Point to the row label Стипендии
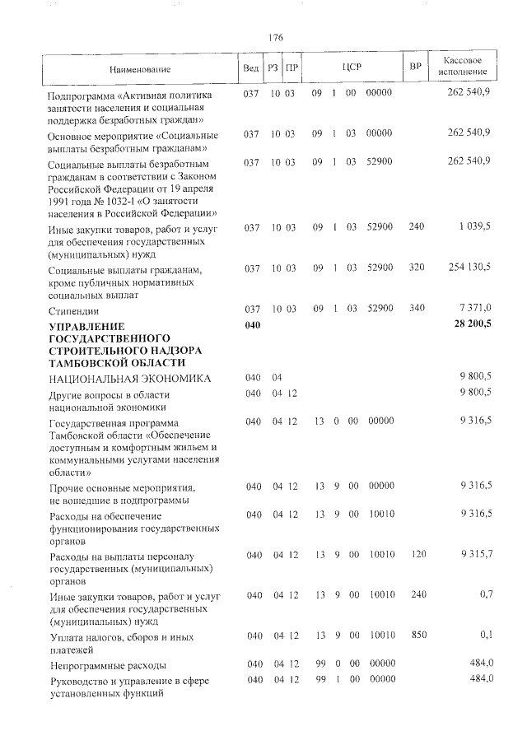point(73,311)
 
